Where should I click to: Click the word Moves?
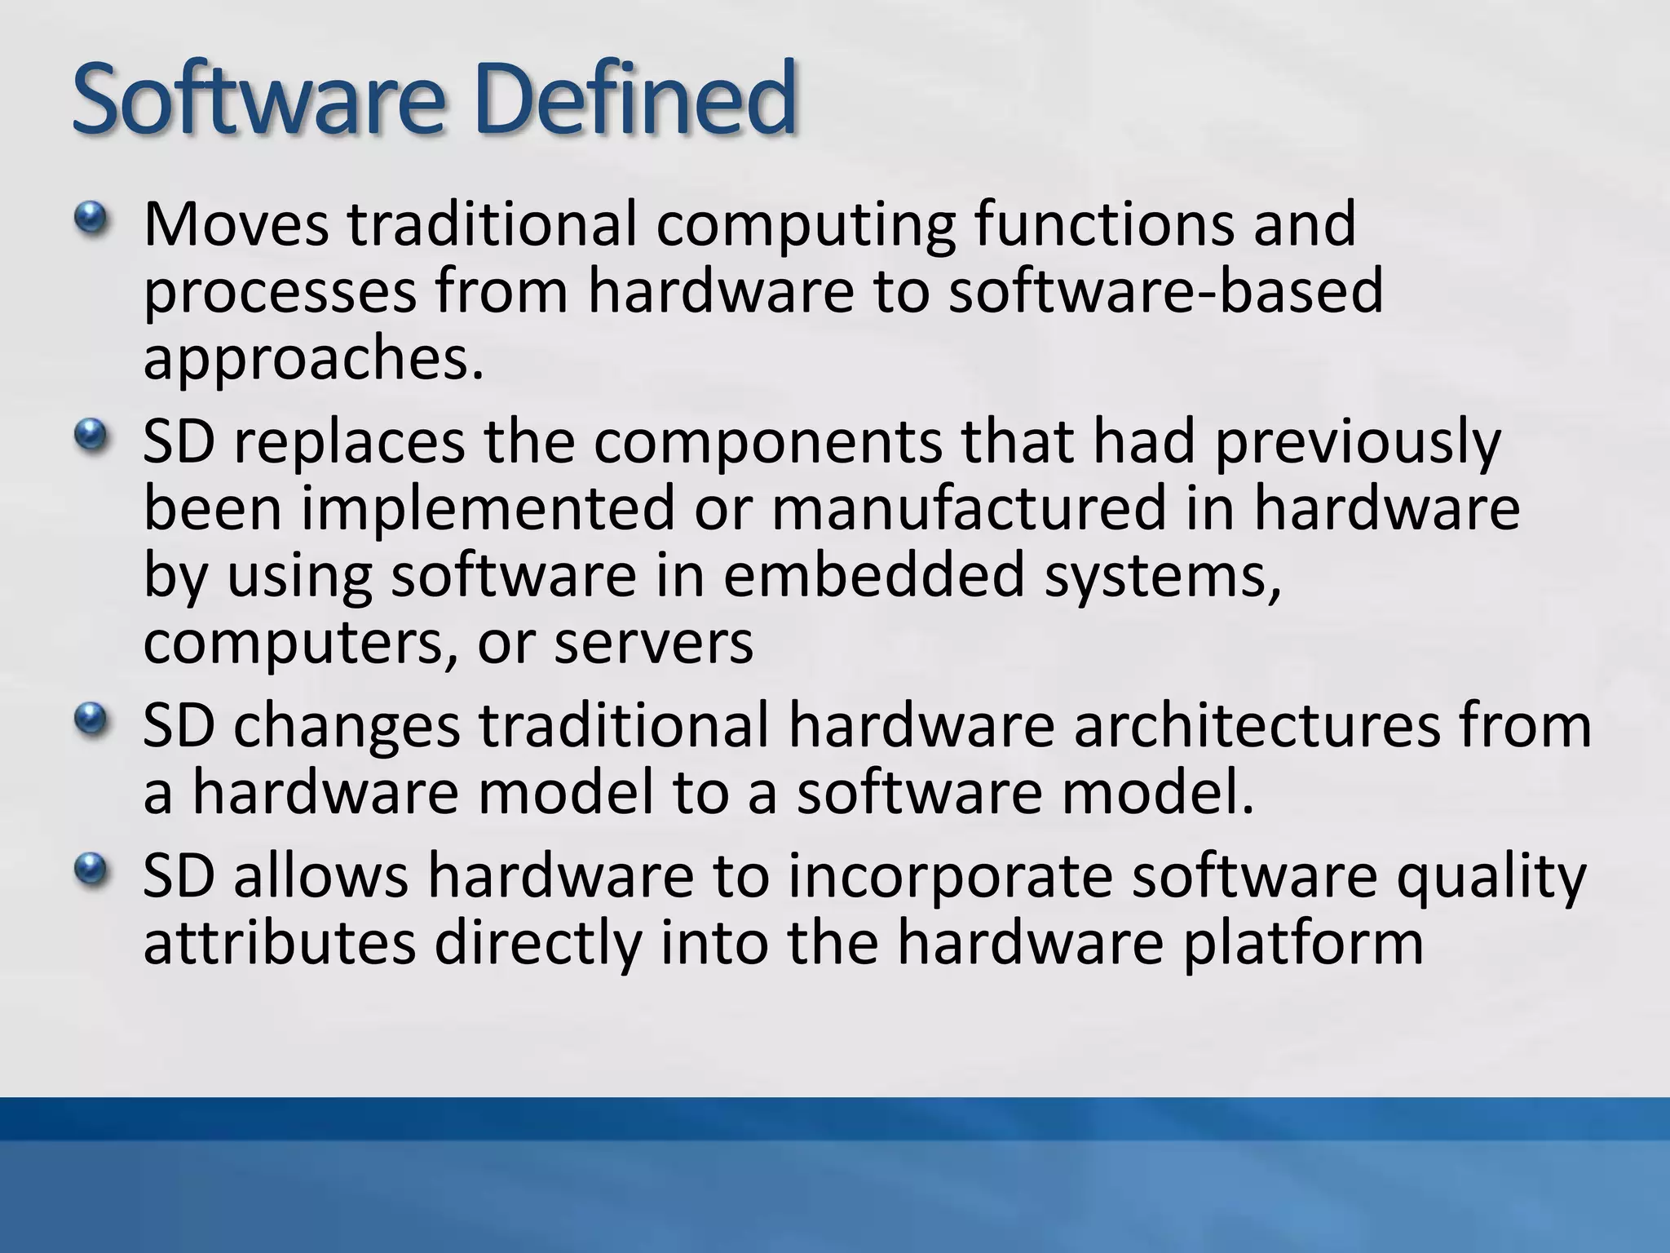click(x=236, y=224)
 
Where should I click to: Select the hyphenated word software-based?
click(x=1166, y=292)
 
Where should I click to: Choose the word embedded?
click(x=873, y=576)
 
